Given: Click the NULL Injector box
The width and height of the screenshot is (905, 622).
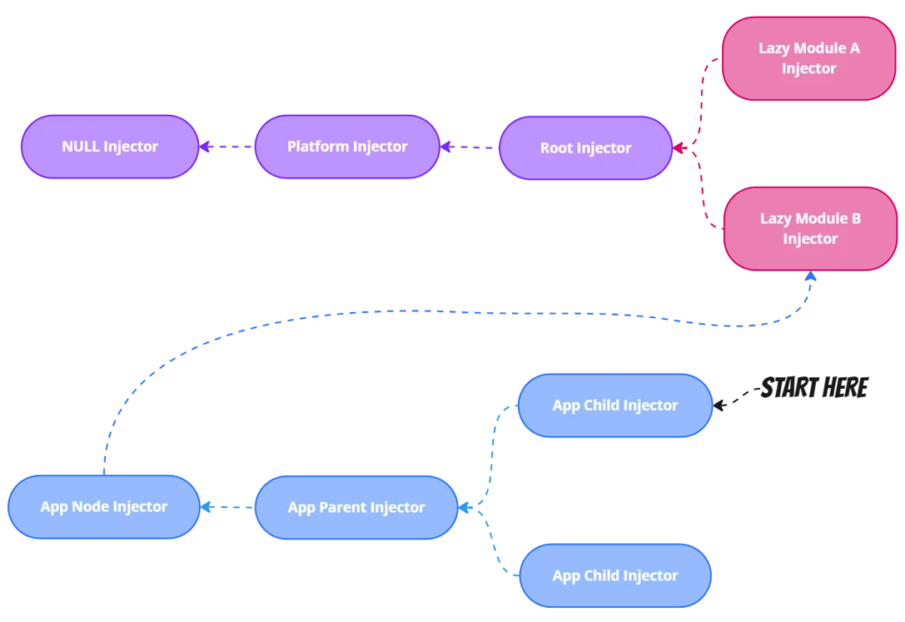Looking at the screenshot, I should (110, 147).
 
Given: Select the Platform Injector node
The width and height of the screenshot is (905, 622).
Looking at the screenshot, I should (346, 147).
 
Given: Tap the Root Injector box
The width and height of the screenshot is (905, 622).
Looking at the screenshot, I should (585, 148).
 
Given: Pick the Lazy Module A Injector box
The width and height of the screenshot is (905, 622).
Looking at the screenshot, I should (809, 58).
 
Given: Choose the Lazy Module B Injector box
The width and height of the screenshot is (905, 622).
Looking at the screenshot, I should (810, 229).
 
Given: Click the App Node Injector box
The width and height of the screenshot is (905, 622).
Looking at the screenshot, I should (104, 507).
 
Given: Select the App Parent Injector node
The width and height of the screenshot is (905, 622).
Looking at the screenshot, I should (356, 507).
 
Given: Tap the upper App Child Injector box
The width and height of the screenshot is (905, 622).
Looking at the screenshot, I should (614, 406).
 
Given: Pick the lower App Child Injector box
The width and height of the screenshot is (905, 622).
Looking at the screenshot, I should (614, 576).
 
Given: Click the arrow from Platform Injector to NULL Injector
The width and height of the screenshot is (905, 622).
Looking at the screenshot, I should (225, 147).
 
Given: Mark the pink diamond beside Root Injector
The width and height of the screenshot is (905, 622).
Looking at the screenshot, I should (680, 148).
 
